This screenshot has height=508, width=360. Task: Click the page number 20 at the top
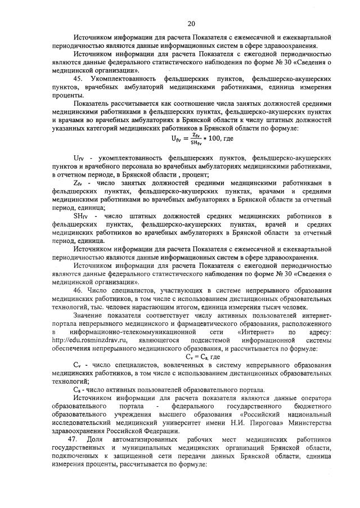[191, 24]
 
